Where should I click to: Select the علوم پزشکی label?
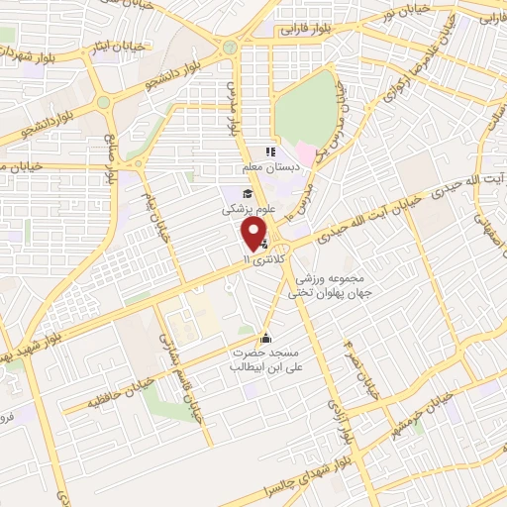click(x=243, y=210)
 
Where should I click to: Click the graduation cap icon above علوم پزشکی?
click(x=244, y=193)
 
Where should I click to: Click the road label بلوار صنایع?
click(x=112, y=164)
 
